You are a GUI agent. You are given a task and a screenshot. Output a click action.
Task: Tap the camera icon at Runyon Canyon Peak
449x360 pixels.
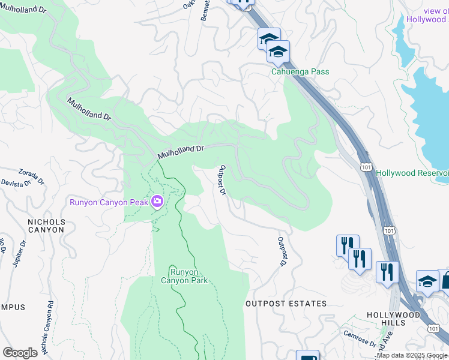[x=157, y=202]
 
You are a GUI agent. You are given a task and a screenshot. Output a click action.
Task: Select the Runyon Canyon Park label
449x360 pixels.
[x=184, y=276]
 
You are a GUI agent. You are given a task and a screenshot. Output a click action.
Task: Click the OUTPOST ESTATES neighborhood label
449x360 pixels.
[x=286, y=304]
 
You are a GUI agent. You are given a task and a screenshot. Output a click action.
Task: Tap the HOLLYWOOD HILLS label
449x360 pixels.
[x=394, y=319]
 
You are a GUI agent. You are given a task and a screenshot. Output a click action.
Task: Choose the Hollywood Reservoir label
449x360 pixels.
[x=412, y=173]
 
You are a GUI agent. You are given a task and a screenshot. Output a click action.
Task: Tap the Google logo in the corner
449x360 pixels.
[x=20, y=352]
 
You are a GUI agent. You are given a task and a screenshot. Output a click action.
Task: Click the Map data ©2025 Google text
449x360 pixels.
[x=412, y=356]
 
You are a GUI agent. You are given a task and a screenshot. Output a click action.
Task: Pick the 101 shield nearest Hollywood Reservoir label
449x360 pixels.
[x=366, y=167]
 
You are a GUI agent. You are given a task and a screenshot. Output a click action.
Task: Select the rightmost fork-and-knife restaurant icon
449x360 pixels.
[x=387, y=271]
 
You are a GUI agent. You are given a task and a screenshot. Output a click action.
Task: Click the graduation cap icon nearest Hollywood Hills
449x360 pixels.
[x=427, y=281]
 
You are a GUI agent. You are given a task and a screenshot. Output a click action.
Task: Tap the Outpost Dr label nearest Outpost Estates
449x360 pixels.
[x=280, y=252]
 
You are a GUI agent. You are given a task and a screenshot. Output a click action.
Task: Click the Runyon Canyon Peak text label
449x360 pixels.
[x=109, y=202]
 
